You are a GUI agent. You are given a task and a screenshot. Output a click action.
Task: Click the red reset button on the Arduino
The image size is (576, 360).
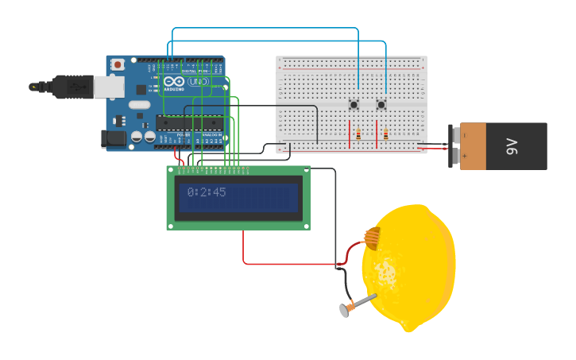point(118,64)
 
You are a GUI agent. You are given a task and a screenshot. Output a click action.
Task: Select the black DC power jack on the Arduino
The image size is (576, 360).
point(114,138)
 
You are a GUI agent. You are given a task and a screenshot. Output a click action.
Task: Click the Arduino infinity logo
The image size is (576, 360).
point(174,82)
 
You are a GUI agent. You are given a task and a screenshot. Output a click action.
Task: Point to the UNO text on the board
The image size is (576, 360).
point(198,82)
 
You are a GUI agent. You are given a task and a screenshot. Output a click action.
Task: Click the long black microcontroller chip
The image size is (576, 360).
point(189,122)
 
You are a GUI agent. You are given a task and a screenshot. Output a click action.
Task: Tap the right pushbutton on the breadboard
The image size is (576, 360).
point(381,105)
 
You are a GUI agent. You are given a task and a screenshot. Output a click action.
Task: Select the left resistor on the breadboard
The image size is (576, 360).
point(358,134)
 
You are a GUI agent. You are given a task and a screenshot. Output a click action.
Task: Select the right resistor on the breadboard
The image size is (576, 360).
point(386,134)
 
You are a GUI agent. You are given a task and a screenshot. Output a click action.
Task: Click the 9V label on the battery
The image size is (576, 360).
point(512,146)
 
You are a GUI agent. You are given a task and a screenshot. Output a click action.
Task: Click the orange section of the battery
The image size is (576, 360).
point(474,146)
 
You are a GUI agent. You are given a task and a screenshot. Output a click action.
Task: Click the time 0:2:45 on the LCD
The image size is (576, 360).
point(207,192)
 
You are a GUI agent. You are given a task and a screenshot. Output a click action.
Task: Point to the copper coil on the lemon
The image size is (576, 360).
point(371,237)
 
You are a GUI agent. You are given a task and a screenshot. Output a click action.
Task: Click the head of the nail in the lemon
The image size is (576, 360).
point(345,311)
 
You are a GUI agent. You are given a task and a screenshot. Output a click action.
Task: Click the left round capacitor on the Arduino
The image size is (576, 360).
point(137,137)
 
